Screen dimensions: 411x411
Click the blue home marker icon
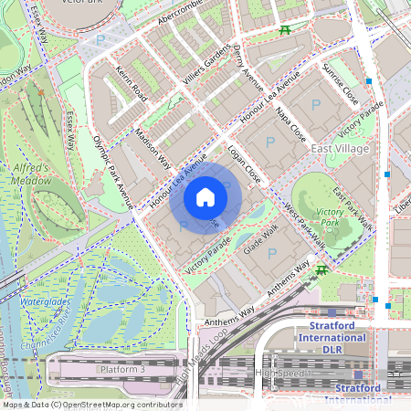coord(205,197)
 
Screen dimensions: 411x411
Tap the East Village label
coord(340,148)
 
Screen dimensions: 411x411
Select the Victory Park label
coord(329,216)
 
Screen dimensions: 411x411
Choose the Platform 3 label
coord(122,369)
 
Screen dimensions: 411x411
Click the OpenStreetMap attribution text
coord(91,405)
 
